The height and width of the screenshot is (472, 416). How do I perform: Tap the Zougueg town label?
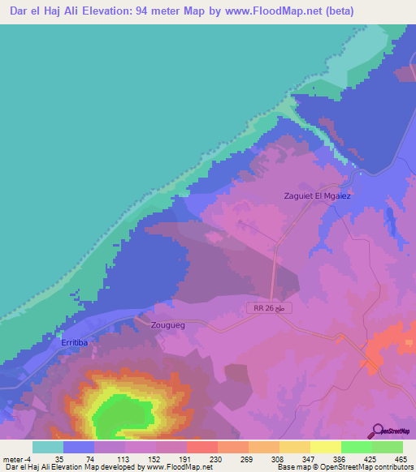tap(168, 324)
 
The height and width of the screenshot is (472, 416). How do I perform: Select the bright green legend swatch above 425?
tap(356, 447)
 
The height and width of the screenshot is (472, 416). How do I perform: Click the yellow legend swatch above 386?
tap(325, 447)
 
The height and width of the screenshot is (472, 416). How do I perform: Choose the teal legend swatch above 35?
tap(48, 447)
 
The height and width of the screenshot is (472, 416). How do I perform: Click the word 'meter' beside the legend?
tap(12, 458)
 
